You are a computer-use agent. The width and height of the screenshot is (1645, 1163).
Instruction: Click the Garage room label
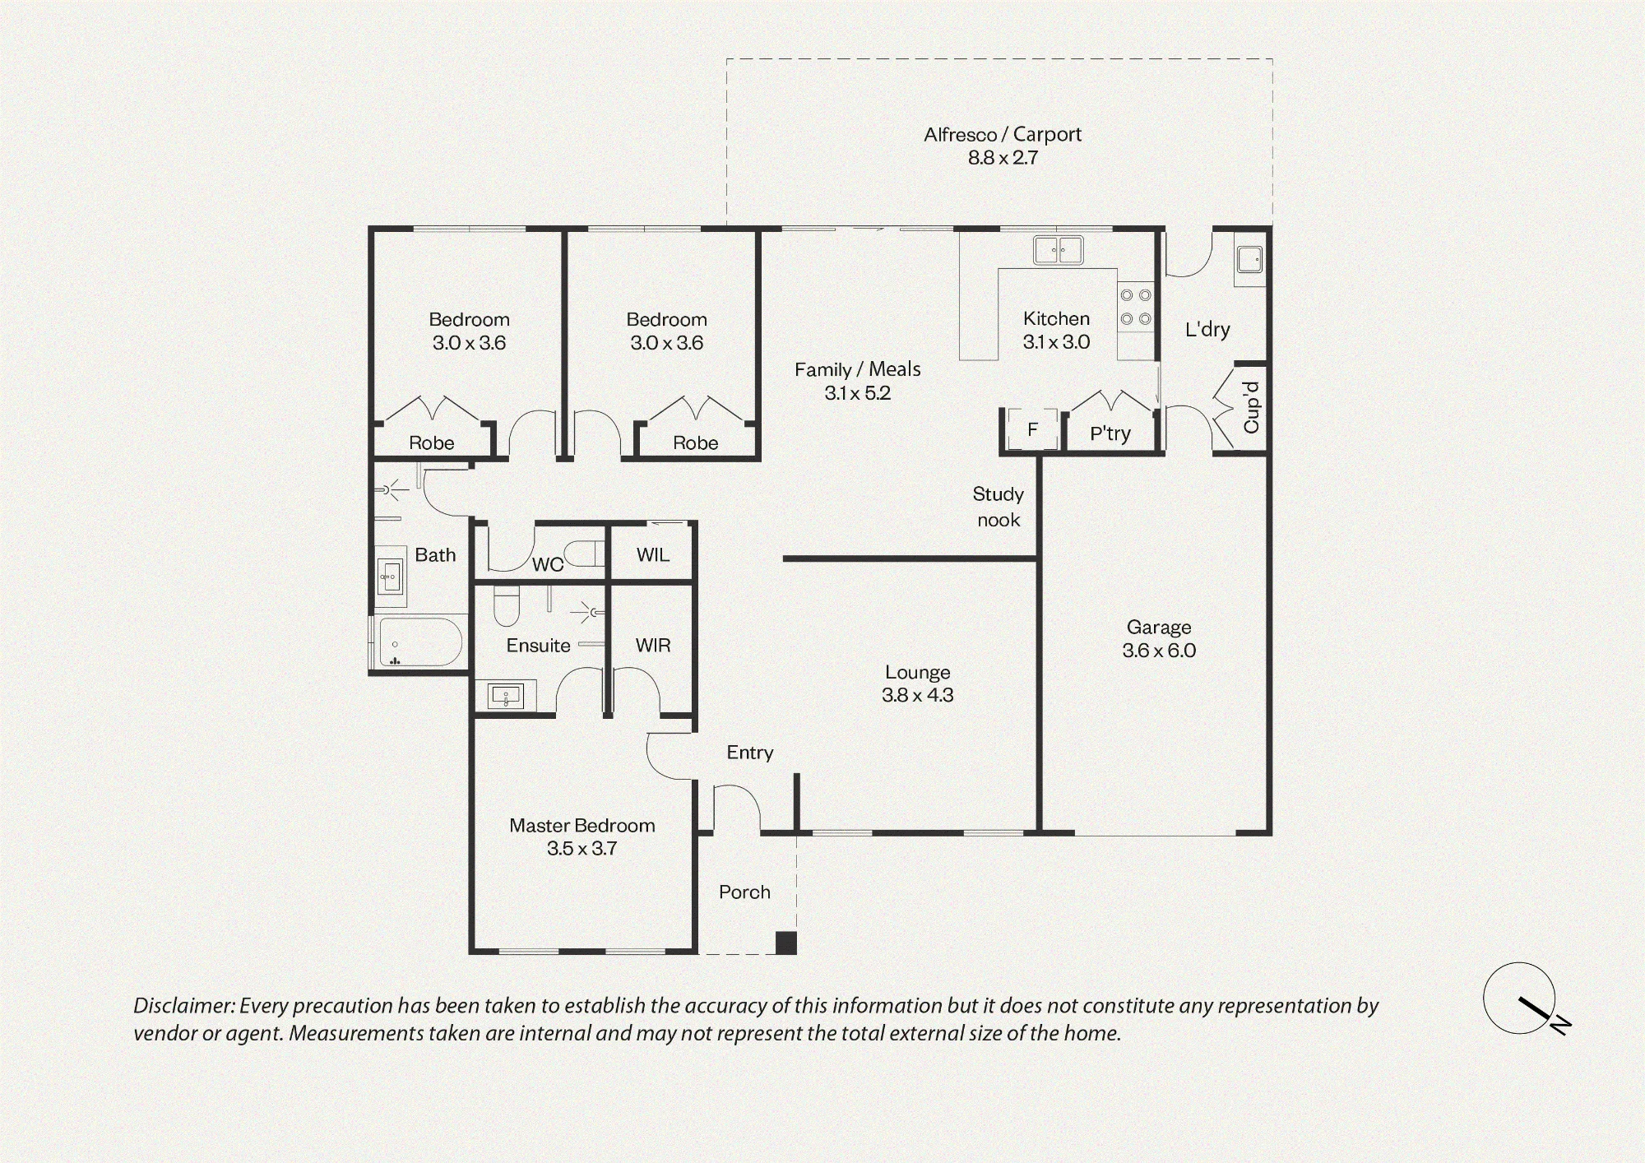point(1159,628)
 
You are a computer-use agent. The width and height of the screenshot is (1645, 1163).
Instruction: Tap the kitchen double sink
point(1059,250)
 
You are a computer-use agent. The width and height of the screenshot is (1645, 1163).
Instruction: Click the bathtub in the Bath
point(419,642)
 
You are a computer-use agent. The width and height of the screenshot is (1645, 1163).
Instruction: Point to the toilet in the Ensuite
point(505,606)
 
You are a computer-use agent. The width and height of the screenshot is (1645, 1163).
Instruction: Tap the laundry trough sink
point(1249,260)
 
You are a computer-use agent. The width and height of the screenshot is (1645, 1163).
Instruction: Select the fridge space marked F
point(1032,429)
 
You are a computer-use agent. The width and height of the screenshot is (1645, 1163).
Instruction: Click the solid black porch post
point(786,943)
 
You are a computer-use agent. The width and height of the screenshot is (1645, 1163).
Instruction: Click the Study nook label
point(999,507)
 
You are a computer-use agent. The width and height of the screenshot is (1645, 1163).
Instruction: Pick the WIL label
point(653,555)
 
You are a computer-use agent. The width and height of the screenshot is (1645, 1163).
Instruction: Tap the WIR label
point(653,646)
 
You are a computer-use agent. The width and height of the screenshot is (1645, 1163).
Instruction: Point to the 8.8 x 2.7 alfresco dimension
point(1003,158)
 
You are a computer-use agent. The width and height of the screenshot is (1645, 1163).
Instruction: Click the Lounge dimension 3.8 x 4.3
point(918,695)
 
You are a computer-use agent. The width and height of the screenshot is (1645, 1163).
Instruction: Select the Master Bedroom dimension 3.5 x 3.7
point(582,849)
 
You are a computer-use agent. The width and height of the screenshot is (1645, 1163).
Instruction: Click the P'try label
point(1110,433)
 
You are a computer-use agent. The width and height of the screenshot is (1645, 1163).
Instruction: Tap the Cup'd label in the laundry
point(1251,407)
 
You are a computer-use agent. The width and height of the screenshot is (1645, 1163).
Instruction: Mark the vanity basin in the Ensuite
point(506,697)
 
